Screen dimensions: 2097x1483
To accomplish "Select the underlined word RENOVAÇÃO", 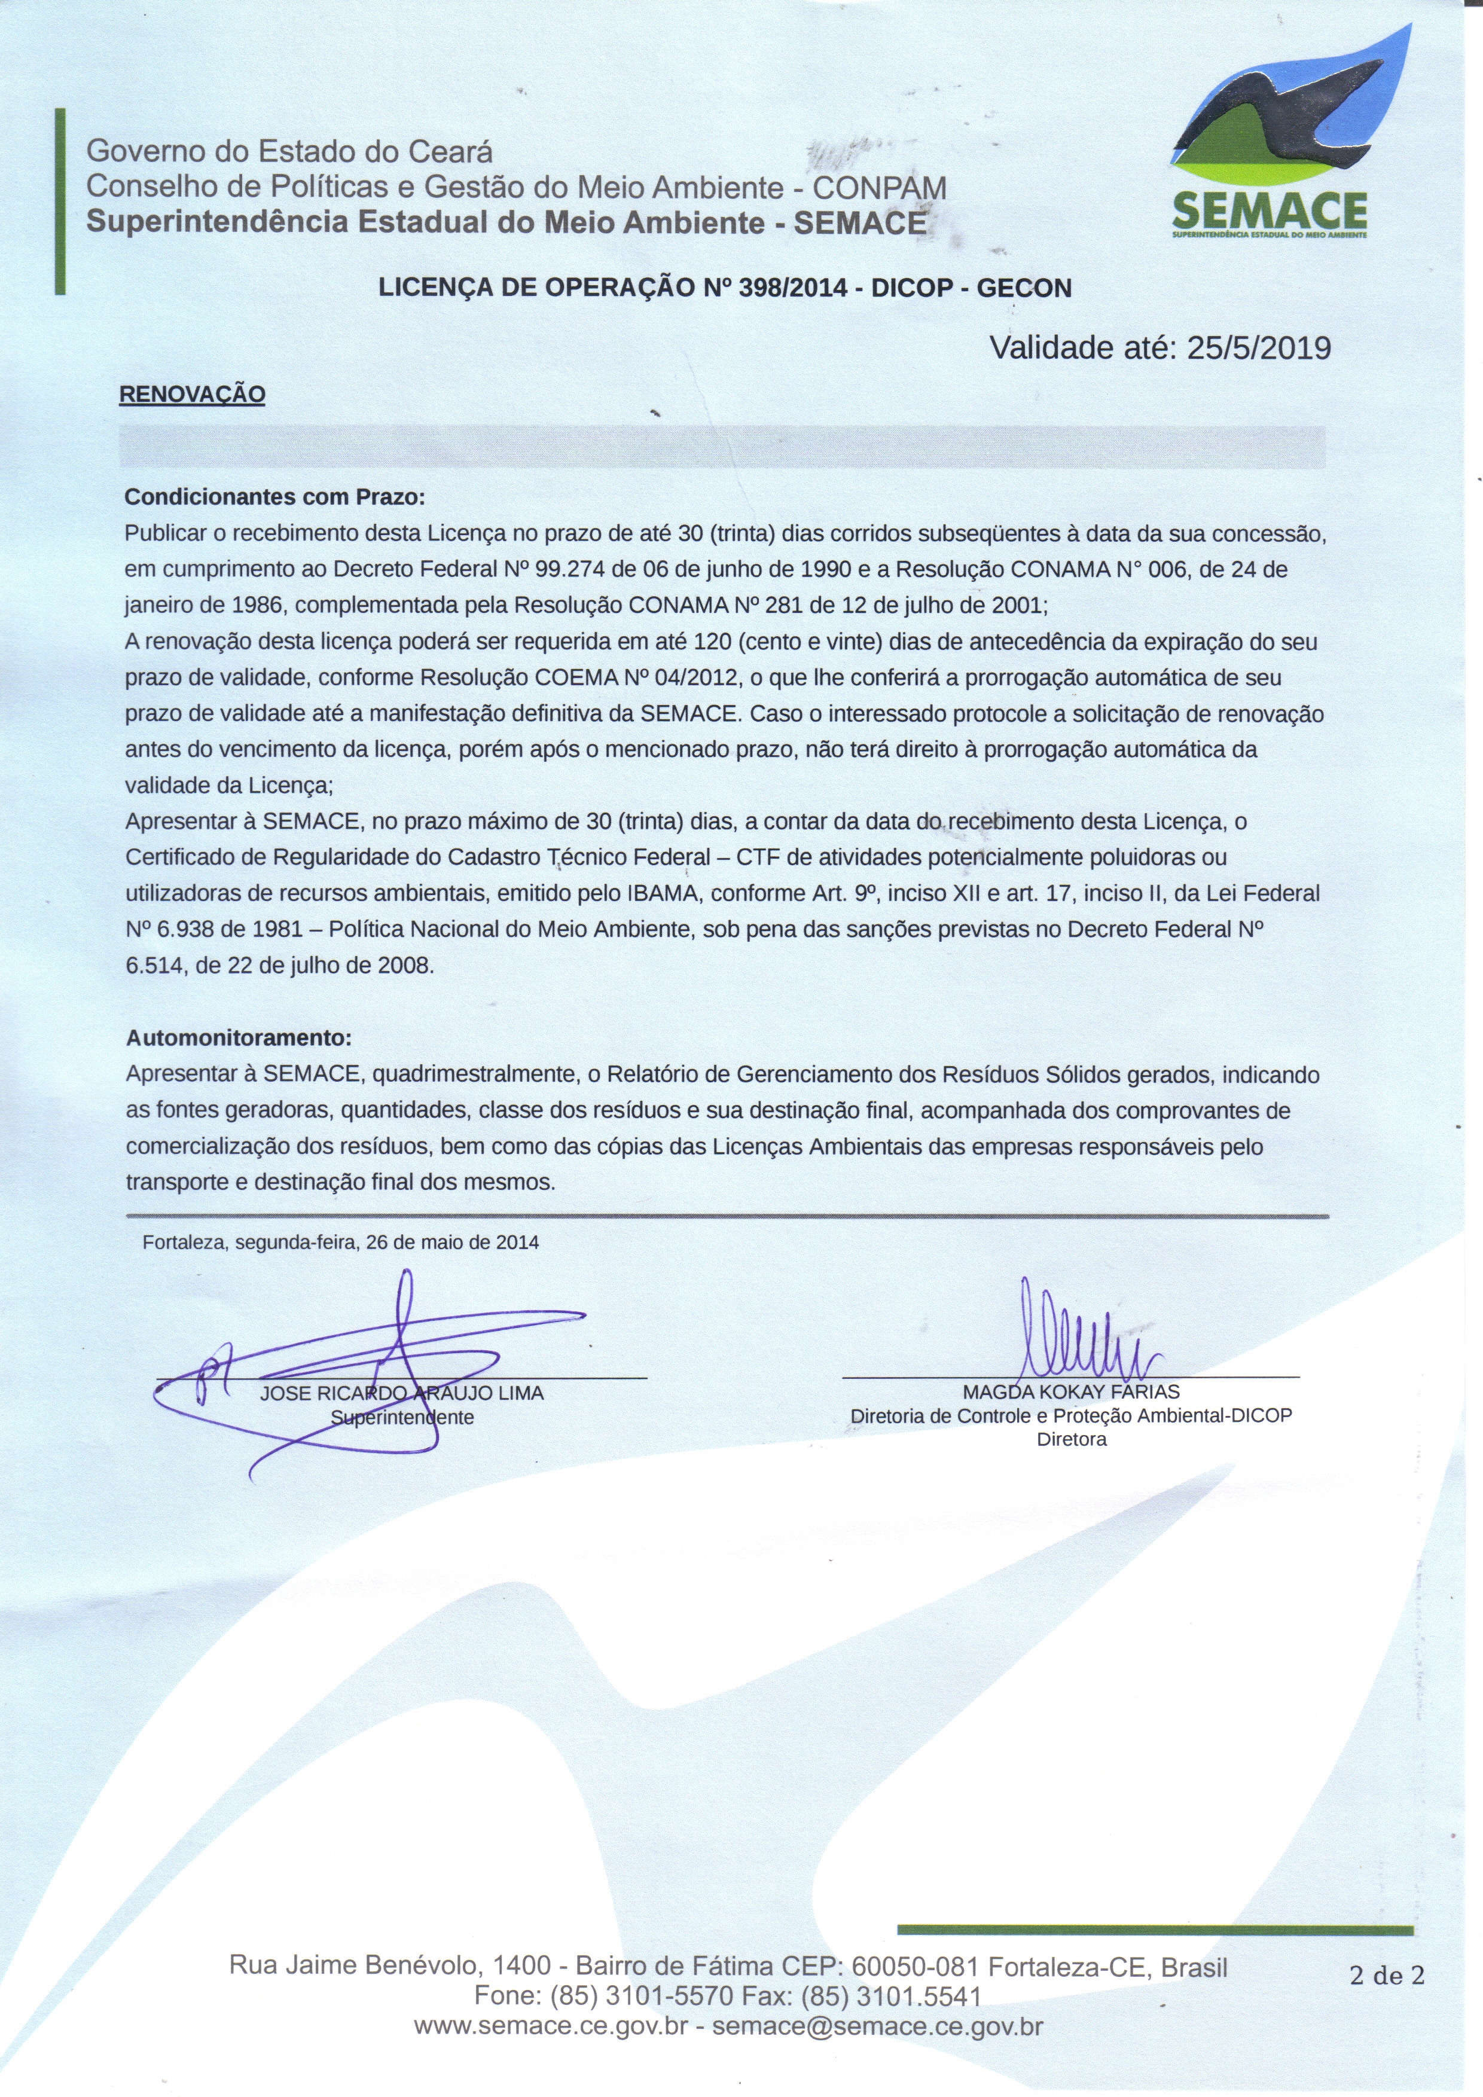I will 192,395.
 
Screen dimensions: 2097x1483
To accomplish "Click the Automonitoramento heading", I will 239,1039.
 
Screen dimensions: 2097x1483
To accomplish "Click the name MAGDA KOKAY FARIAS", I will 1071,1392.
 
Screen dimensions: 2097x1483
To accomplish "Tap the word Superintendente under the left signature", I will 402,1418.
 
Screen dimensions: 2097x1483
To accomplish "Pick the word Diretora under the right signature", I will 1071,1439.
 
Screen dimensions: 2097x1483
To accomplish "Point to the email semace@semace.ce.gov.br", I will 878,2028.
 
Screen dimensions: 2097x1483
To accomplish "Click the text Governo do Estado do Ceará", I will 289,152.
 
